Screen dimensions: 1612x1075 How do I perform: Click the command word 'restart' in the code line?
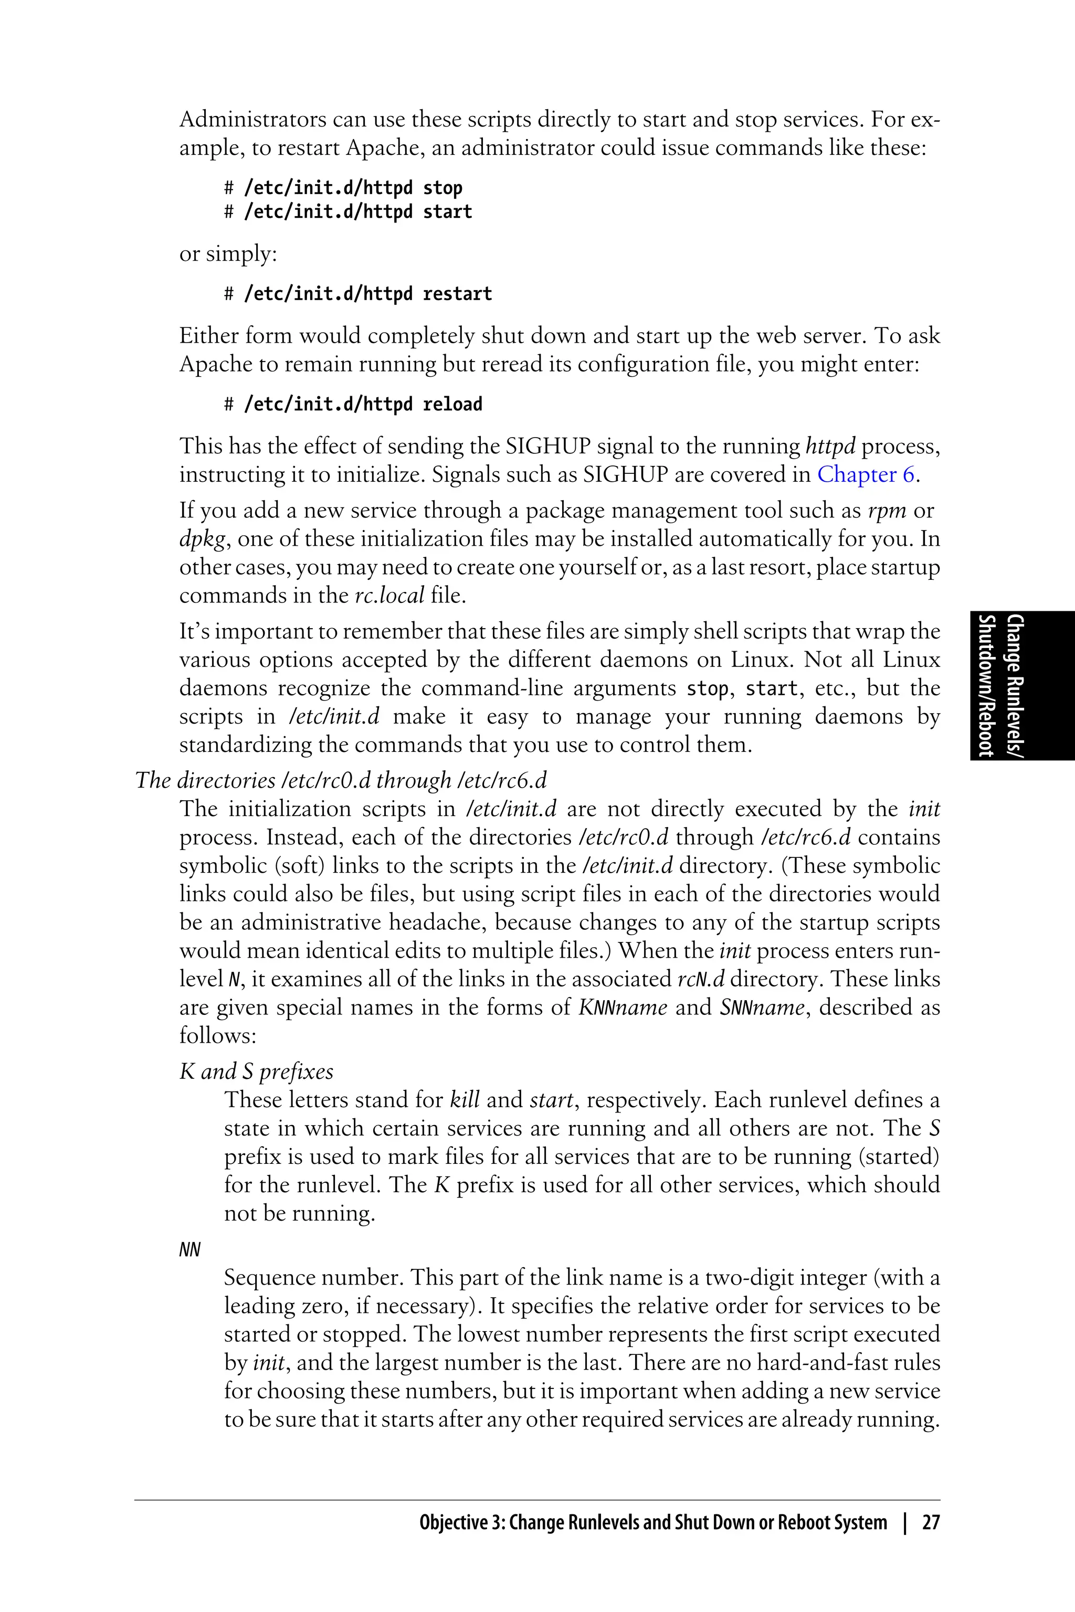pos(457,294)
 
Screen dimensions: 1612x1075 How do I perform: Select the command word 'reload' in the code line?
pos(452,405)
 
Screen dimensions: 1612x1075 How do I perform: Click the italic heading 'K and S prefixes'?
pos(256,1071)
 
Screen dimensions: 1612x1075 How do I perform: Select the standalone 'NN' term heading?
pos(190,1249)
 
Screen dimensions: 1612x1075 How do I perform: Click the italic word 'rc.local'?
pos(389,595)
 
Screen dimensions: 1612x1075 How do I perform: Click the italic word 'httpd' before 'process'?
pos(830,446)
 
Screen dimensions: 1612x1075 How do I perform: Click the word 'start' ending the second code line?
pos(448,212)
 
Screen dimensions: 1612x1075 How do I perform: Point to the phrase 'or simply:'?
pos(228,253)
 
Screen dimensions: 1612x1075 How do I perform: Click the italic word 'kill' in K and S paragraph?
pos(464,1100)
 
